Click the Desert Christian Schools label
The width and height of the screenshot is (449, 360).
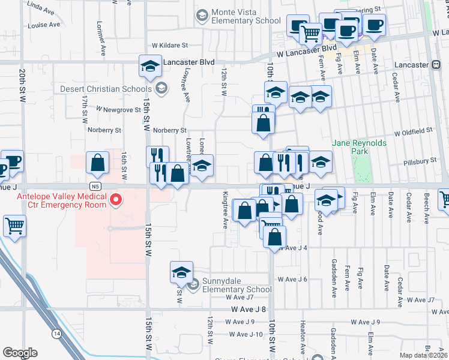click(x=105, y=89)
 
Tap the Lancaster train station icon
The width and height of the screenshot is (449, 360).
click(x=435, y=64)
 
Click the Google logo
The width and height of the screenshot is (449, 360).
click(x=20, y=353)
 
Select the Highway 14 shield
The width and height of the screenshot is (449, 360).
click(x=56, y=333)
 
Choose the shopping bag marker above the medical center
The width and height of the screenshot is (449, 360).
click(x=97, y=162)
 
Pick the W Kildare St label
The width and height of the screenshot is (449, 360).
click(x=169, y=45)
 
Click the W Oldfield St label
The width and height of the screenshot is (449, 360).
click(x=413, y=130)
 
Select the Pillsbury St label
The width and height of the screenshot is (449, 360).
click(x=420, y=161)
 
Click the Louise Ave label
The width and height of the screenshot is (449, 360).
click(x=44, y=25)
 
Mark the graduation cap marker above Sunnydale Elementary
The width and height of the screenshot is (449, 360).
click(x=180, y=272)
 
